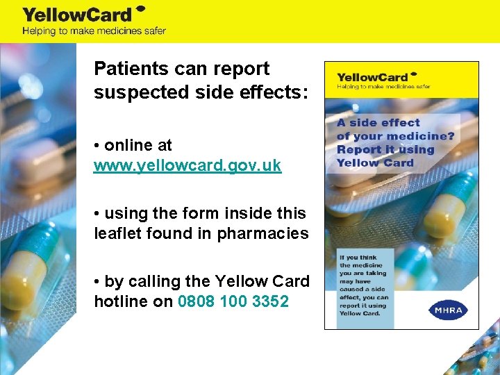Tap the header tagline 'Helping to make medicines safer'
click(94, 31)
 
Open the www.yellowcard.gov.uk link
click(187, 167)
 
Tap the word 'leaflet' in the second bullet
click(115, 233)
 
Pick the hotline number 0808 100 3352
click(233, 301)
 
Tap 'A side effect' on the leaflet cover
click(378, 122)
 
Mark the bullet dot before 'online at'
click(97, 146)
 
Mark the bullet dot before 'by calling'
click(97, 282)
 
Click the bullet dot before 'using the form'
click(97, 214)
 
